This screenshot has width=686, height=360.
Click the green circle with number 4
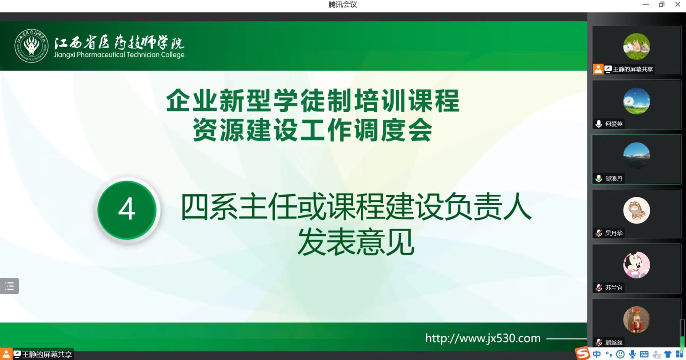point(127,210)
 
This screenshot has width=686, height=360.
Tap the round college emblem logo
point(31,46)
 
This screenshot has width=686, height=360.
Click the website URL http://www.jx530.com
point(483,338)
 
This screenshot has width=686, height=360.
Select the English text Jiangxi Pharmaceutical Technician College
point(119,55)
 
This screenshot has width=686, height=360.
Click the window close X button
point(677,4)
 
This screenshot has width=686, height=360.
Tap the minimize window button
point(646,4)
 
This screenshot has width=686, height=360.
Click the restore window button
point(662,4)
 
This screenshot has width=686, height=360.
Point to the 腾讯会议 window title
point(343,5)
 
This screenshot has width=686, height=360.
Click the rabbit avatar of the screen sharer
point(636,46)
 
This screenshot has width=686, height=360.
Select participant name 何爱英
point(614,124)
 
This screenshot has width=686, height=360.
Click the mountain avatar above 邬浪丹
point(636,156)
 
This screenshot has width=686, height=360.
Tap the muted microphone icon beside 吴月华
point(599,233)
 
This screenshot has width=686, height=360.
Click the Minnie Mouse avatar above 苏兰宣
point(636,265)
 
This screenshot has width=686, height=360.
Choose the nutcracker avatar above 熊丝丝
point(636,320)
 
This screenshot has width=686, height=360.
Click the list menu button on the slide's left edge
point(10,286)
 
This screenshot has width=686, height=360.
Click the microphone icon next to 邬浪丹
point(599,179)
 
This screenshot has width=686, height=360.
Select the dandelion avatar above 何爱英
point(636,101)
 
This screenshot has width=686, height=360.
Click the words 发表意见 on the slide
point(356,242)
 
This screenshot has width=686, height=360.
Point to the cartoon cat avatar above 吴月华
point(636,210)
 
